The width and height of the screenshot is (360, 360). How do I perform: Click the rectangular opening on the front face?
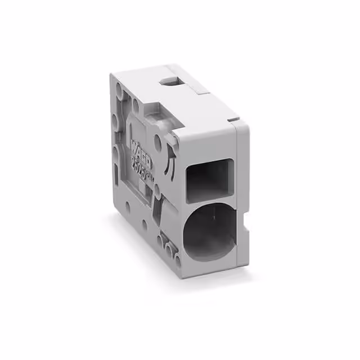[209, 179]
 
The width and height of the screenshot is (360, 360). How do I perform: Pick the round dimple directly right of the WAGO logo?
[158, 146]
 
